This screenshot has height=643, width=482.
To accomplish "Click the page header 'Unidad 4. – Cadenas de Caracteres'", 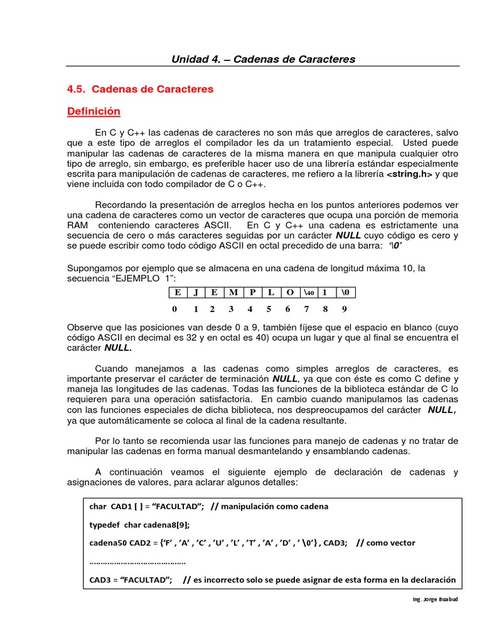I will [x=263, y=60].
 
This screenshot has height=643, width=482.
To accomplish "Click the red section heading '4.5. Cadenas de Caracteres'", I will [x=140, y=89].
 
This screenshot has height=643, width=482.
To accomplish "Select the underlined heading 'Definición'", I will [x=94, y=111].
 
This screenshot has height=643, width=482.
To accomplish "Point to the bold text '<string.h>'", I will [x=409, y=175].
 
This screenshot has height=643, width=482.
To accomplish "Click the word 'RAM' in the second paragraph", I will [x=78, y=225].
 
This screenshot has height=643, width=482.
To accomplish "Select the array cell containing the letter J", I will [x=196, y=293].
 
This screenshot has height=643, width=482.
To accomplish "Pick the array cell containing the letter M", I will [x=233, y=293].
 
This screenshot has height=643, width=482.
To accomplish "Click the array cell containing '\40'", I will [x=308, y=293].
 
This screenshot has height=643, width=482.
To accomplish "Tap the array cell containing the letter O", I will [x=289, y=293].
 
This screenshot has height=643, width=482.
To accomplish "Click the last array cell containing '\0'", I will [x=346, y=293].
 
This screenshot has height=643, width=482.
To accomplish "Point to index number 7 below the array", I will [x=306, y=309].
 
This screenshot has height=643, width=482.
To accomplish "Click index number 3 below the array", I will [x=231, y=309].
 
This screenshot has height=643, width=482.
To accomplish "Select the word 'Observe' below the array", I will [x=85, y=327].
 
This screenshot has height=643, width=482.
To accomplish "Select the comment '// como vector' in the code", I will [x=385, y=543].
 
